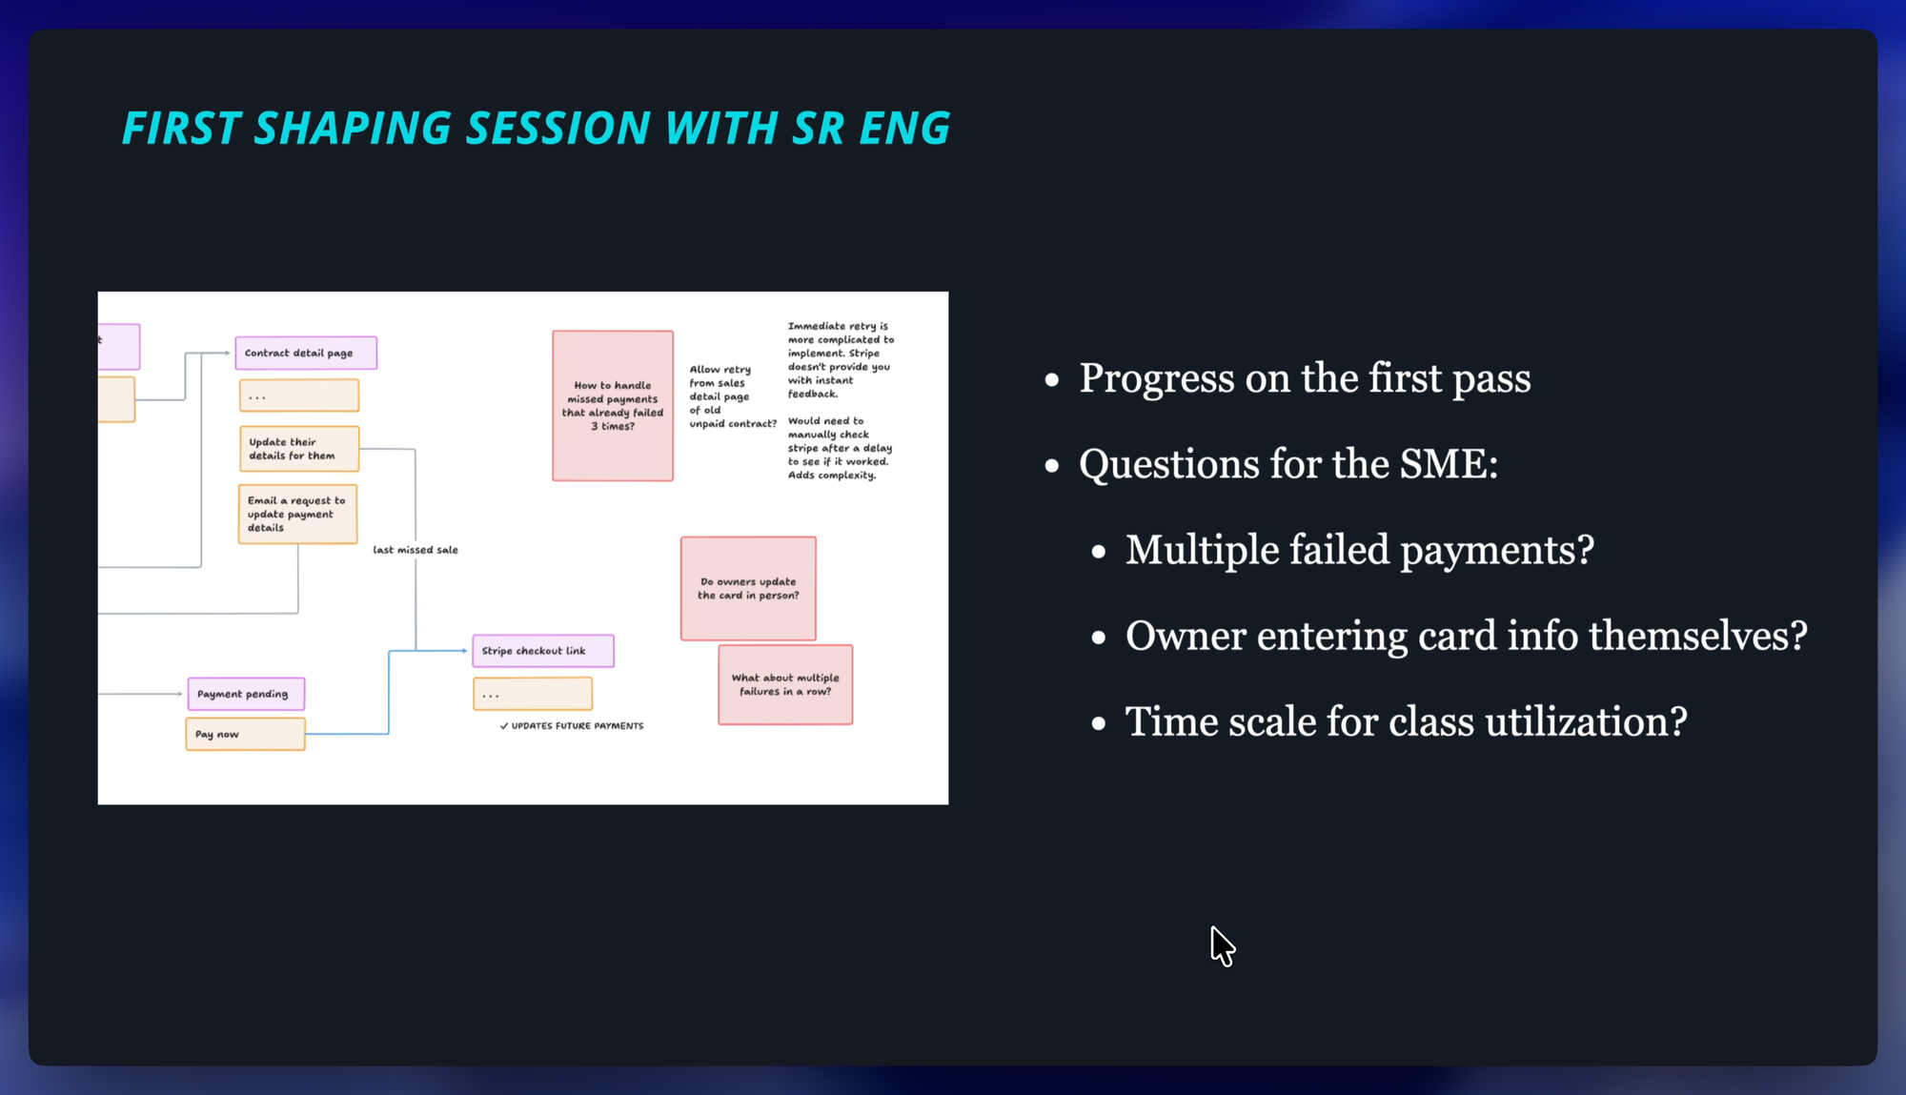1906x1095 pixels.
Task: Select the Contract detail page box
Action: pyautogui.click(x=306, y=353)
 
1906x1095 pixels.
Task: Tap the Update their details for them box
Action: pyautogui.click(x=299, y=449)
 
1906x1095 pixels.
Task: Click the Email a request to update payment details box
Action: pyautogui.click(x=297, y=514)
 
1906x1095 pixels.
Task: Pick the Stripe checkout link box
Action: pyautogui.click(x=543, y=651)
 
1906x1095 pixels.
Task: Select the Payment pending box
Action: pyautogui.click(x=246, y=694)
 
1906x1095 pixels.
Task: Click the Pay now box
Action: pyautogui.click(x=245, y=734)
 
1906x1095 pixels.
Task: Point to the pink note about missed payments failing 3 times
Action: pyautogui.click(x=613, y=406)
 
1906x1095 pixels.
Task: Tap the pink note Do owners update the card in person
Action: pyautogui.click(x=748, y=588)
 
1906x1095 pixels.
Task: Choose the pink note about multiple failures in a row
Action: pyautogui.click(x=785, y=684)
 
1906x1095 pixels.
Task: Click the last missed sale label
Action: pyautogui.click(x=416, y=550)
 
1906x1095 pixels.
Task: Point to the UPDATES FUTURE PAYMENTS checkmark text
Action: pyautogui.click(x=572, y=726)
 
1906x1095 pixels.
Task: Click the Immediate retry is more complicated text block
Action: pyautogui.click(x=841, y=359)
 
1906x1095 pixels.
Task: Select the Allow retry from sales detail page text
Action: pyautogui.click(x=733, y=396)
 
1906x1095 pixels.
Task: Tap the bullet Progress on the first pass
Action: pyautogui.click(x=1305, y=378)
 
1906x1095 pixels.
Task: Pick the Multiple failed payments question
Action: pyautogui.click(x=1360, y=551)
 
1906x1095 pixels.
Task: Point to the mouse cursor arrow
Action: pyautogui.click(x=1223, y=946)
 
